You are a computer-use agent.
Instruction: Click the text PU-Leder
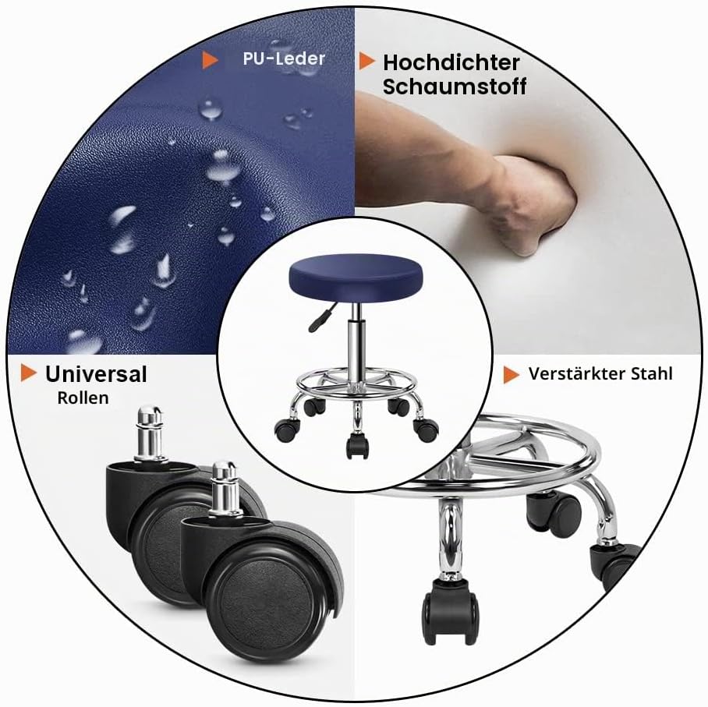[x=284, y=58]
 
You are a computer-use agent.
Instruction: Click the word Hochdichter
[x=451, y=63]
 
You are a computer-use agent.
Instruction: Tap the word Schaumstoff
[x=455, y=87]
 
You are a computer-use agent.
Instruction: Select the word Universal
[x=96, y=374]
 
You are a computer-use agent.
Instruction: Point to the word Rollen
[x=83, y=398]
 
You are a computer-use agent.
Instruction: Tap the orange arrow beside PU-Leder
[x=210, y=59]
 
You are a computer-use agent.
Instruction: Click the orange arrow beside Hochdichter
[x=367, y=62]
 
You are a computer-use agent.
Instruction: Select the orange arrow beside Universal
[x=28, y=373]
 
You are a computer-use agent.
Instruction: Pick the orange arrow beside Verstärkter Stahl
[x=512, y=375]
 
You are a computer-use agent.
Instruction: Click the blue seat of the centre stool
[x=356, y=276]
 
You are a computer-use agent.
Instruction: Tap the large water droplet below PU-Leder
[x=210, y=109]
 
